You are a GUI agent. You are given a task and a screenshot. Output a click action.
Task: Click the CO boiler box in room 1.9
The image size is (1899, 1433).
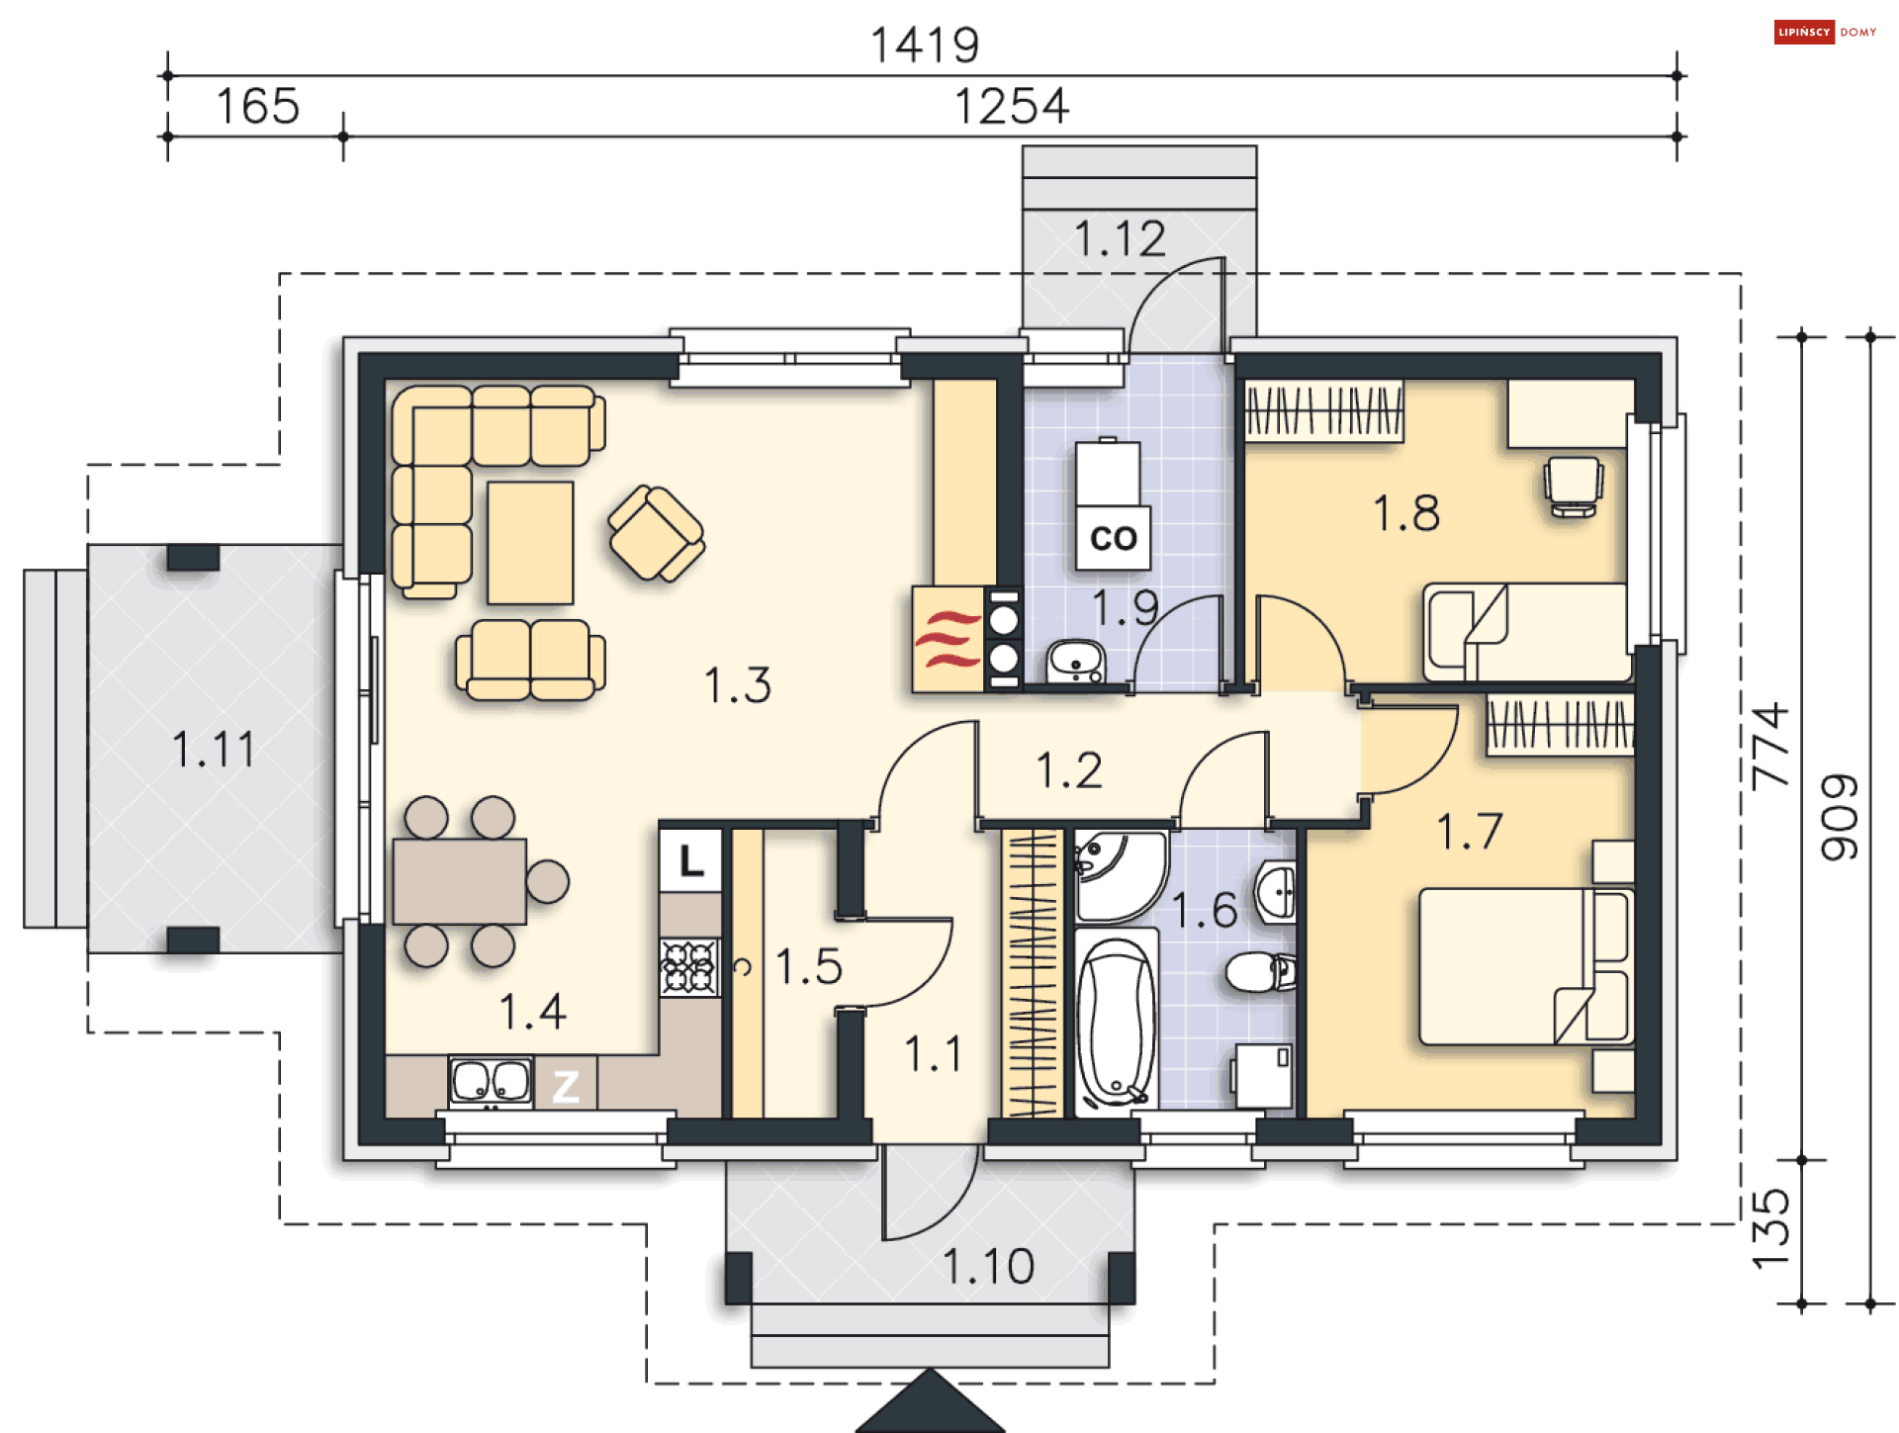click(x=1113, y=538)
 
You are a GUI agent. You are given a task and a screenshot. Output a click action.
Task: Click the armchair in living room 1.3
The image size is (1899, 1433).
click(x=656, y=533)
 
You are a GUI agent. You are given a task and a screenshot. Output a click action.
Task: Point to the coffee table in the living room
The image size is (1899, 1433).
click(x=530, y=542)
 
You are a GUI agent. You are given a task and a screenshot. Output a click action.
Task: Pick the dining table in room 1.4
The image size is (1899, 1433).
click(x=459, y=881)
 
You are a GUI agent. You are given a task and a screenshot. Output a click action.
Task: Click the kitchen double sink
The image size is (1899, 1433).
click(x=492, y=1081)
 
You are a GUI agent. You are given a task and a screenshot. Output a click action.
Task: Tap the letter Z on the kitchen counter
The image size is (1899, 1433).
click(x=566, y=1087)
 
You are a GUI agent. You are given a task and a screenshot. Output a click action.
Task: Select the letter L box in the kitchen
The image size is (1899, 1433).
click(x=690, y=860)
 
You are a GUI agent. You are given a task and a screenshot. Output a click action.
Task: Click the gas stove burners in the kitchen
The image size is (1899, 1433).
click(x=689, y=966)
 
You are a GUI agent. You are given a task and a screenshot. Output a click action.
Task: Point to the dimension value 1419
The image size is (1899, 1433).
click(x=925, y=45)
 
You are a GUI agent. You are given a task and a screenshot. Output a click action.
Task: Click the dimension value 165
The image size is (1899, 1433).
click(x=257, y=106)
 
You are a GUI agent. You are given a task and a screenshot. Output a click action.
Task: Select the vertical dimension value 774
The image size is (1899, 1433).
click(x=1769, y=746)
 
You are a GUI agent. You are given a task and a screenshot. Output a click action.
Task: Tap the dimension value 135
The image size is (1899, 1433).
click(x=1769, y=1229)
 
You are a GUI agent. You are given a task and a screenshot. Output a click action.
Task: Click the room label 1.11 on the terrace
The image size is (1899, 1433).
click(x=214, y=749)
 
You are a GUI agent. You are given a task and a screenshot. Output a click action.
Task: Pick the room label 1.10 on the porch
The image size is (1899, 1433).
click(x=988, y=1267)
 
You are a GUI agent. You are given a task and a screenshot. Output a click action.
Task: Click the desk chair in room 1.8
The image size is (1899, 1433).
click(x=1574, y=487)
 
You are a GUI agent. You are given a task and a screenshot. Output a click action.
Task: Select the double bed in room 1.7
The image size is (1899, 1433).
click(x=1526, y=966)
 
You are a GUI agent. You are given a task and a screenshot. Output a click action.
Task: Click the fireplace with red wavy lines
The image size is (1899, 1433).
click(x=948, y=640)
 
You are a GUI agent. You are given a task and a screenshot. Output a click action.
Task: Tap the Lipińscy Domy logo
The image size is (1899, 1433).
click(x=1825, y=33)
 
